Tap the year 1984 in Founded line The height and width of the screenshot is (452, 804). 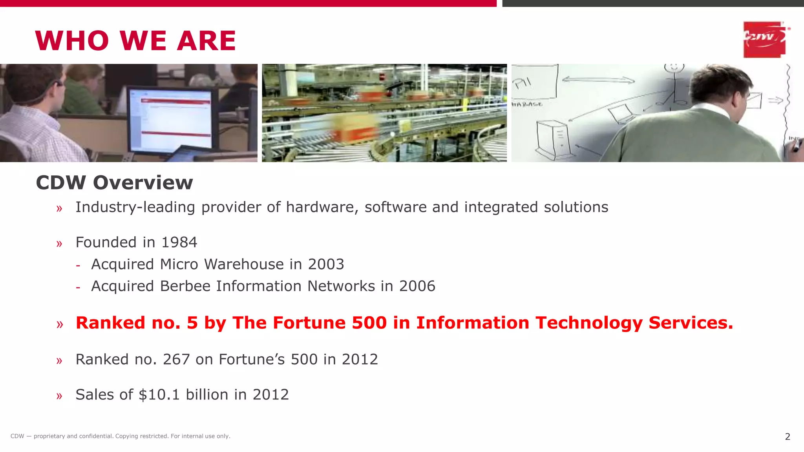[x=179, y=242]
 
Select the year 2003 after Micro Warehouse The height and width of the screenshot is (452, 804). [x=326, y=264]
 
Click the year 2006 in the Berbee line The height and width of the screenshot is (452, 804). [x=417, y=286]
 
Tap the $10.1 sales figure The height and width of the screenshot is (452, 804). [x=159, y=395]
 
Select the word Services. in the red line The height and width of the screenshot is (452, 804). [x=691, y=323]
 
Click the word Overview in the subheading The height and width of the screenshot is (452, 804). [x=143, y=183]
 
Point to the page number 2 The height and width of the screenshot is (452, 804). [x=787, y=437]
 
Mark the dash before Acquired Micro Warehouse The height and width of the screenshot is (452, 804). [x=78, y=266]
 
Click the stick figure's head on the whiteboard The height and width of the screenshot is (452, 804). [x=674, y=67]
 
